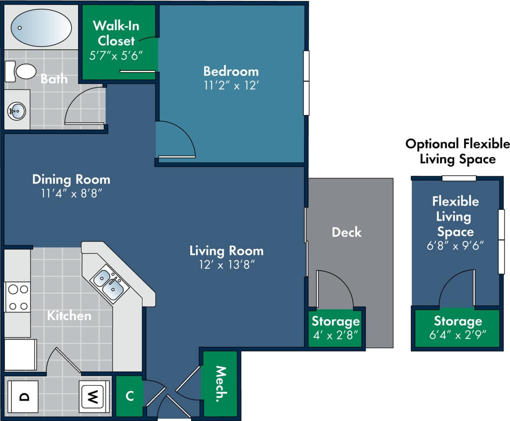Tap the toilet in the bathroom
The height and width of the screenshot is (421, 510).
click(x=22, y=72)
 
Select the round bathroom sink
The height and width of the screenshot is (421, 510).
click(x=17, y=111)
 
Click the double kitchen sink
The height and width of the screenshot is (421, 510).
click(x=109, y=283)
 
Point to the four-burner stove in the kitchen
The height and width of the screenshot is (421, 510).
click(x=18, y=297)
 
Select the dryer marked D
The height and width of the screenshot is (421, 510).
click(x=24, y=397)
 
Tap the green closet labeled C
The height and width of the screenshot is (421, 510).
click(x=129, y=396)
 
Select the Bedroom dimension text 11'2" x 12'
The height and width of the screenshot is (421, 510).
click(x=231, y=86)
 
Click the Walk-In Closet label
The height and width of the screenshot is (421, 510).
click(x=116, y=33)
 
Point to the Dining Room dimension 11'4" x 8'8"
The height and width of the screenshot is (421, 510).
click(x=71, y=194)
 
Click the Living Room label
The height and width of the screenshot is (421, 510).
click(x=226, y=251)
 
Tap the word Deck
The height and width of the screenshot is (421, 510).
click(x=347, y=232)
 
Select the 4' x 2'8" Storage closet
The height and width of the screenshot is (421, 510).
click(x=335, y=328)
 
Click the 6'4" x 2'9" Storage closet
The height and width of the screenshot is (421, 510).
click(x=458, y=328)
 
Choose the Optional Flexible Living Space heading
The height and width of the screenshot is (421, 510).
click(x=457, y=151)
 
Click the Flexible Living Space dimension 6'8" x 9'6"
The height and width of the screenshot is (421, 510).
click(x=455, y=246)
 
